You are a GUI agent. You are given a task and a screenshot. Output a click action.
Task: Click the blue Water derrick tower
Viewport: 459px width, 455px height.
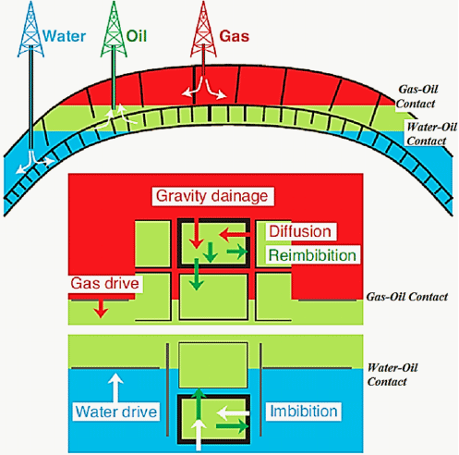click(x=30, y=30)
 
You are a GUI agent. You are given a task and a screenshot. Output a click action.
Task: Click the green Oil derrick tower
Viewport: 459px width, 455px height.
click(x=114, y=30)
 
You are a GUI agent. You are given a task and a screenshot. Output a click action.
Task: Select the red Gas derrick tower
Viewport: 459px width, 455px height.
click(x=203, y=30)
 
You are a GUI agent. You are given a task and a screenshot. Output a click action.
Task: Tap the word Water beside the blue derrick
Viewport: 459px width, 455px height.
click(x=64, y=36)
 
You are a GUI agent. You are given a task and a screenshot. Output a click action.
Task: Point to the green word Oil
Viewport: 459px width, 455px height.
click(x=137, y=36)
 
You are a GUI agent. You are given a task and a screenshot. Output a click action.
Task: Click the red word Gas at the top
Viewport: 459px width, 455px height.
click(x=235, y=36)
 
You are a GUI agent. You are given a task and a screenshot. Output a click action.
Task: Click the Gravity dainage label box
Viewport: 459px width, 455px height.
click(x=212, y=196)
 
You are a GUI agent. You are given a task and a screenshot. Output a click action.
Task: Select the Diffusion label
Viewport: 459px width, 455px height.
click(x=300, y=231)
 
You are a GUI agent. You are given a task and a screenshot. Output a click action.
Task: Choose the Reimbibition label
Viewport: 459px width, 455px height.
click(x=312, y=255)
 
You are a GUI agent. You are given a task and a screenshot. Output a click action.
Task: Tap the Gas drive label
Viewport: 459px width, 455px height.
click(x=105, y=283)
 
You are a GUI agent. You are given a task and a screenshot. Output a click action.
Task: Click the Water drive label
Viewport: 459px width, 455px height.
click(x=116, y=412)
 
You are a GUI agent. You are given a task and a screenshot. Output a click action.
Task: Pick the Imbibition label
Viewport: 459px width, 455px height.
click(x=304, y=412)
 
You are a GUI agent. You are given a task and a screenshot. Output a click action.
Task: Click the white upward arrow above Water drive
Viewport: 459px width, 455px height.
click(x=115, y=387)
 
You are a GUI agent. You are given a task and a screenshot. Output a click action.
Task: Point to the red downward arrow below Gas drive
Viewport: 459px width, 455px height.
click(x=101, y=309)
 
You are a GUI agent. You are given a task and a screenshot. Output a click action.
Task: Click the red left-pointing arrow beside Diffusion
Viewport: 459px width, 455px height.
click(x=234, y=235)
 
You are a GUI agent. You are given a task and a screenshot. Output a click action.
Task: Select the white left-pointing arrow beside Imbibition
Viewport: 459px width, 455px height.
click(x=233, y=412)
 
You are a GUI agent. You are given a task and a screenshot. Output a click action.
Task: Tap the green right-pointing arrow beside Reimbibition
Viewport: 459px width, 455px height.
click(x=237, y=252)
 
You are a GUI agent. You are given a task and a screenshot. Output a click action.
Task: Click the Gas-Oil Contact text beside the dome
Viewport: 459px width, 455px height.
click(x=417, y=96)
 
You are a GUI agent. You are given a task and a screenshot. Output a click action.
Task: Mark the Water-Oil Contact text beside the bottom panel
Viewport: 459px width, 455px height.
click(x=393, y=375)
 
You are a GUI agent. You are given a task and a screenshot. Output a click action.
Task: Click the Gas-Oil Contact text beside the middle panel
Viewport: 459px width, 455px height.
click(x=407, y=297)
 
